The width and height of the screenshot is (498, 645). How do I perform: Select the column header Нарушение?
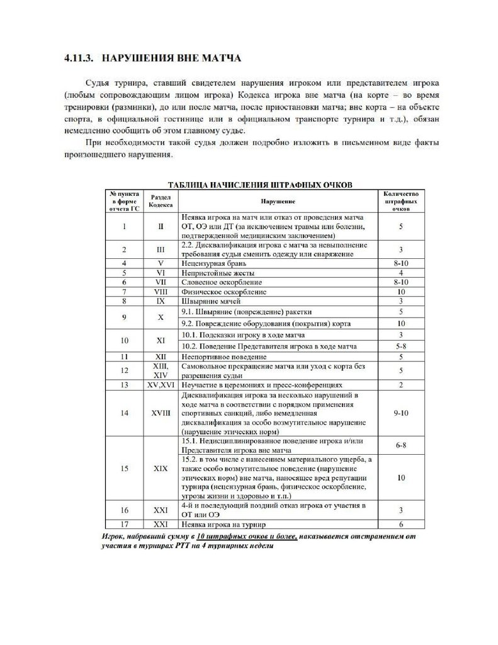tap(277, 200)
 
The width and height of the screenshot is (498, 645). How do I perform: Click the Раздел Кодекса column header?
tap(160, 200)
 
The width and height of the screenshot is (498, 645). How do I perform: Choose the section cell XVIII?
tap(160, 413)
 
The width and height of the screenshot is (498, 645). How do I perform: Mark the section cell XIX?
tap(160, 469)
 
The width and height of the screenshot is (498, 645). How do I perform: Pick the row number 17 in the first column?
tap(125, 524)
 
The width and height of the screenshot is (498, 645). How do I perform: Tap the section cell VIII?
tap(160, 292)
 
